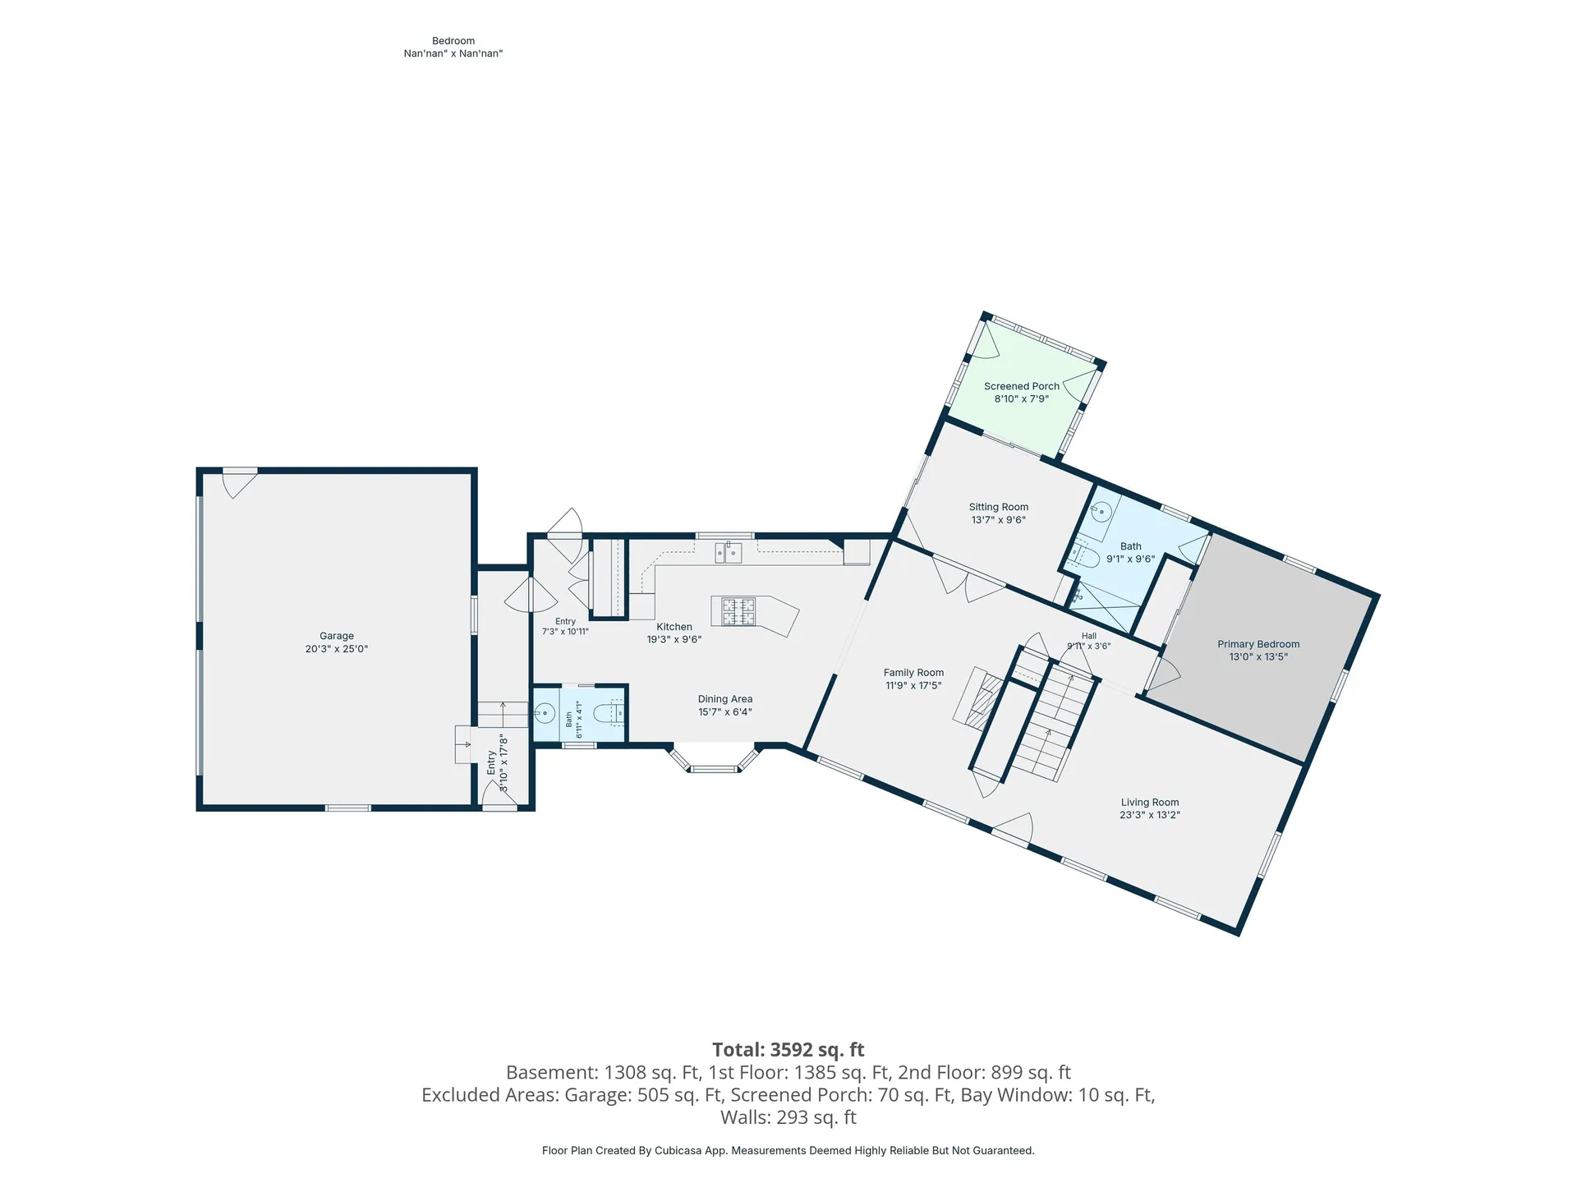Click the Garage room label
click(337, 636)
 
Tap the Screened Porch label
click(1022, 386)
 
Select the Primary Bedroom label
click(1258, 644)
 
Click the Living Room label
click(1150, 803)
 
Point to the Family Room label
click(913, 673)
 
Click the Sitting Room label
click(999, 507)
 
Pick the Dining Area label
click(725, 699)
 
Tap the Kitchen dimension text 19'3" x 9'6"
click(674, 639)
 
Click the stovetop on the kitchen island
click(738, 611)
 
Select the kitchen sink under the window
click(729, 552)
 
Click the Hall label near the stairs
click(1089, 636)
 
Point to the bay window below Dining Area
click(714, 759)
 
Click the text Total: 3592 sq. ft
click(788, 1050)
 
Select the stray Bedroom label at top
click(453, 41)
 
